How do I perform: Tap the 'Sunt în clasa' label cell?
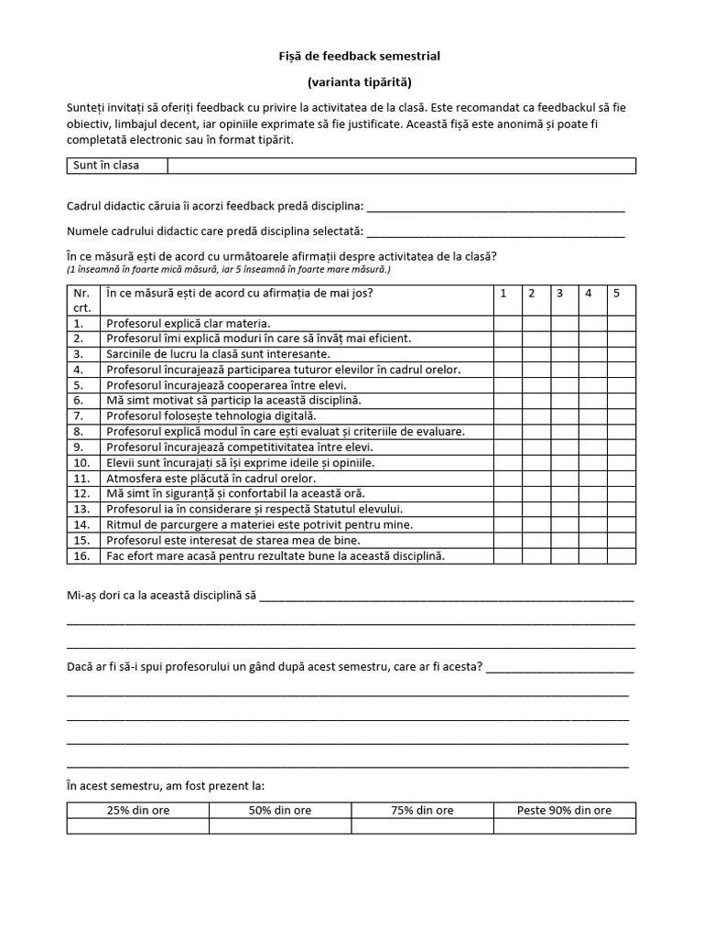coord(116,166)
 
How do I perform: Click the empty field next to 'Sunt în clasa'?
coord(401,166)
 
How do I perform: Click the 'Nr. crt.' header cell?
coord(82,300)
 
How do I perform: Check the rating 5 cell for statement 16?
coord(621,556)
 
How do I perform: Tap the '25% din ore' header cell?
coord(137,810)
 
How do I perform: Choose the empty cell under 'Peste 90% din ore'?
coord(564,826)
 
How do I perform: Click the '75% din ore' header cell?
coord(422,810)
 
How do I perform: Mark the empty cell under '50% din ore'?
coord(280,826)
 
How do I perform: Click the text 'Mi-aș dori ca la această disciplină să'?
coord(161,596)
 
